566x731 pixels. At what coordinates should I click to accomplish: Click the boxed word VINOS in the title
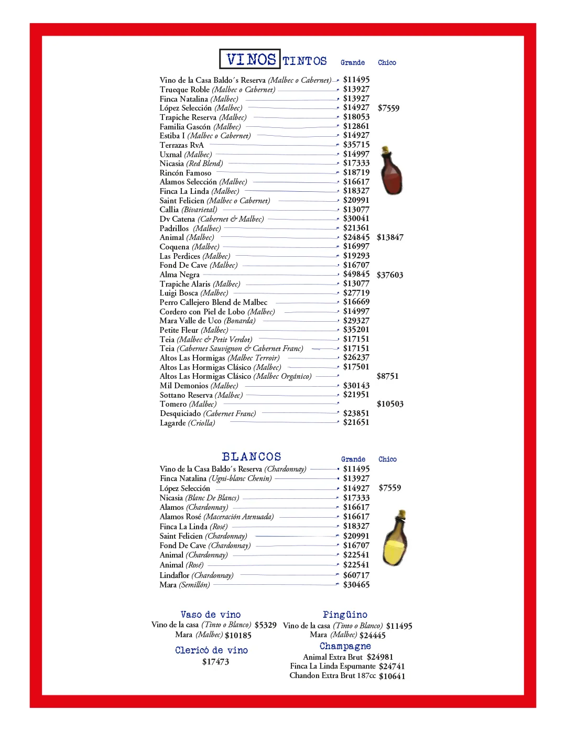click(x=251, y=59)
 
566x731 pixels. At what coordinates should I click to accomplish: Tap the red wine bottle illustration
click(x=391, y=171)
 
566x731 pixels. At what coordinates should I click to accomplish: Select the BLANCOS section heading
click(x=252, y=457)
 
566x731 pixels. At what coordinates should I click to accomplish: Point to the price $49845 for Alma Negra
click(x=356, y=274)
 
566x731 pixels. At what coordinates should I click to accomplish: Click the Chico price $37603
click(x=390, y=275)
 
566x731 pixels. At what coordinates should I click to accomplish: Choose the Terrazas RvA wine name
click(x=182, y=145)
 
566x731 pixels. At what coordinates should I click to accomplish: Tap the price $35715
click(x=356, y=145)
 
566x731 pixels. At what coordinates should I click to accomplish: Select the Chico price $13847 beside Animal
click(x=390, y=237)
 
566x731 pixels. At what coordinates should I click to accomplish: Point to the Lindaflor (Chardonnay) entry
click(x=197, y=575)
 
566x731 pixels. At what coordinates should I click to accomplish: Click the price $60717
click(x=356, y=575)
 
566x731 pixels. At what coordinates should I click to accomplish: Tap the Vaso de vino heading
click(x=211, y=615)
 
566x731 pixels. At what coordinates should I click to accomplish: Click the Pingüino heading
click(x=345, y=615)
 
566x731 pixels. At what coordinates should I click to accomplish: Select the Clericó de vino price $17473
click(x=215, y=662)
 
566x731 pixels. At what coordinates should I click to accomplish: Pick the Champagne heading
click(x=345, y=646)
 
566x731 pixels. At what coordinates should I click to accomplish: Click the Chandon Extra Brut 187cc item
click(x=332, y=675)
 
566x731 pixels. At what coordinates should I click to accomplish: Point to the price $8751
click(x=388, y=376)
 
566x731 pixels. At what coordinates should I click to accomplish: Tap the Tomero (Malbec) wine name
click(x=188, y=404)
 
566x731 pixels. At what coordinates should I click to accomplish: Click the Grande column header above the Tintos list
click(x=353, y=63)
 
